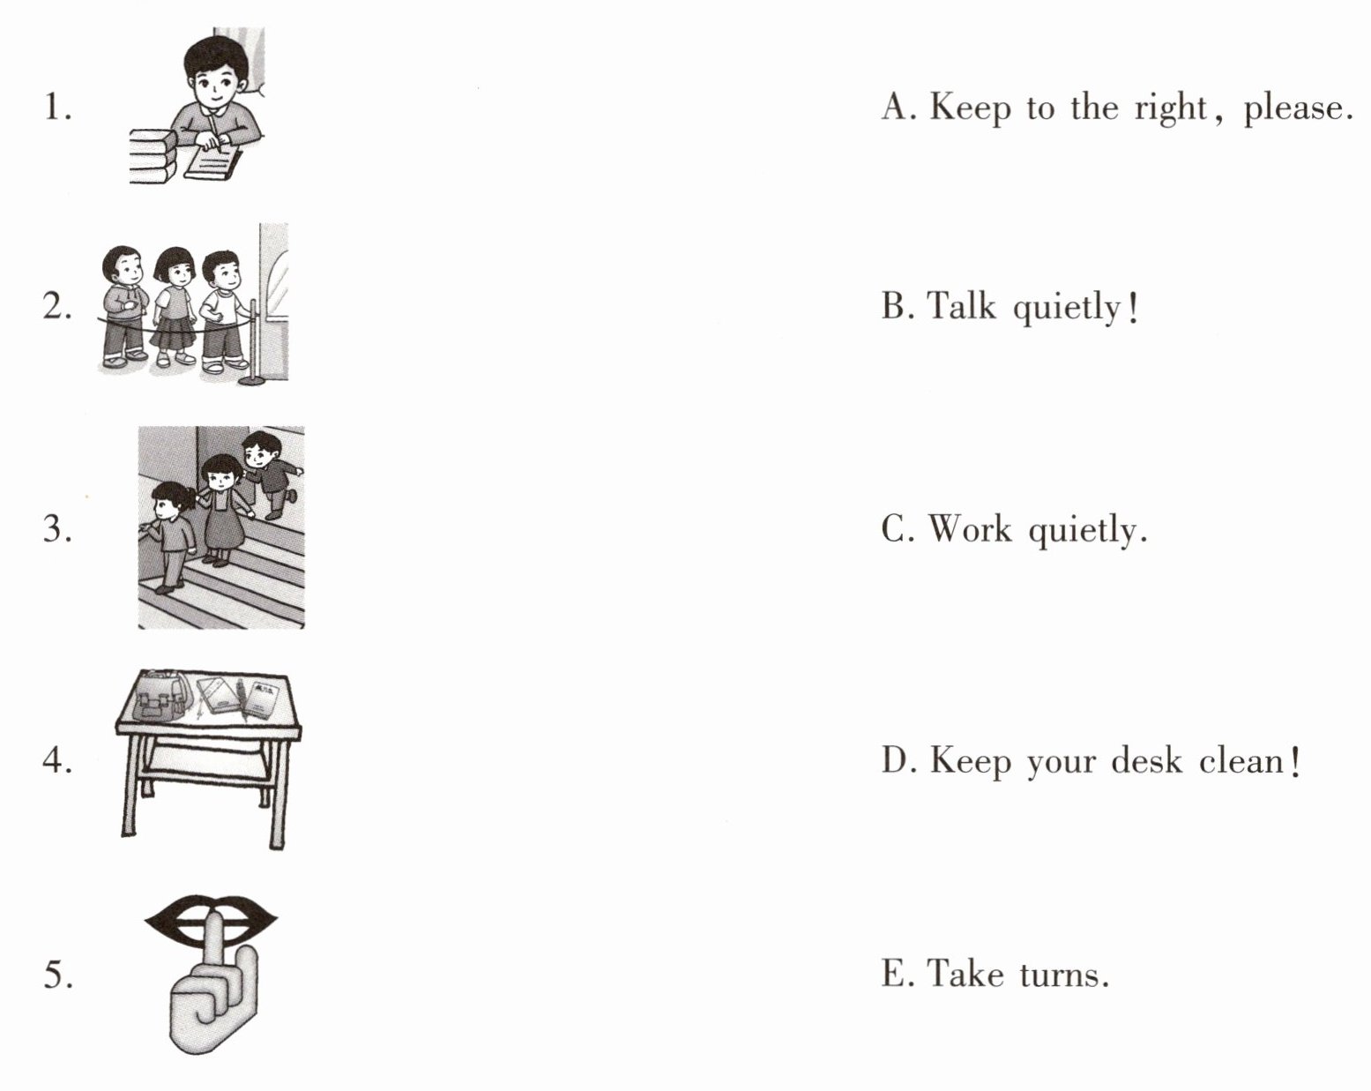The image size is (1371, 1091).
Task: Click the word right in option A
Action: [x=1170, y=108]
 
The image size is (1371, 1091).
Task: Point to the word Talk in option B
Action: [x=961, y=306]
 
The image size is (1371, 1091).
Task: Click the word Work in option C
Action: [x=969, y=529]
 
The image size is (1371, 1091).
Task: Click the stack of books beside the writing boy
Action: [x=153, y=157]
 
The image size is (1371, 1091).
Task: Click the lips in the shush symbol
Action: [x=211, y=921]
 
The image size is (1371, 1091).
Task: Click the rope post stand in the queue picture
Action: [x=252, y=344]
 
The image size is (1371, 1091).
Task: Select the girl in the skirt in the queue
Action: [x=174, y=307]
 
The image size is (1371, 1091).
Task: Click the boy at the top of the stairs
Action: [x=271, y=473]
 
